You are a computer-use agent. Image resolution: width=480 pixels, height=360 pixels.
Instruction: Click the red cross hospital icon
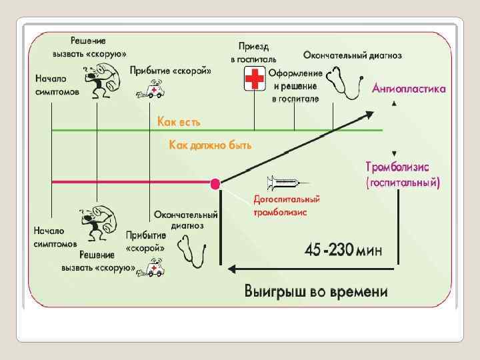coord(254,81)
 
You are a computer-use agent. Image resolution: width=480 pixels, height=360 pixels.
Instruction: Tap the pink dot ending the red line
coord(215,183)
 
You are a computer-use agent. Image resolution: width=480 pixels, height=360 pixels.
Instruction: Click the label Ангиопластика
coord(409,89)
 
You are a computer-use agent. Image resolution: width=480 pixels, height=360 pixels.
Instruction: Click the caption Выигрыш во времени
coord(315,291)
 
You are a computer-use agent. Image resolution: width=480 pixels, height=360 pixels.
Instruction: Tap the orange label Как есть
coord(178,121)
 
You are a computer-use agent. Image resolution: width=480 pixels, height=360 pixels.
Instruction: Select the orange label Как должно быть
coord(210,145)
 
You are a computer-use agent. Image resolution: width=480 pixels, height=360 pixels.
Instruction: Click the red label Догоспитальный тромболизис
coord(287,206)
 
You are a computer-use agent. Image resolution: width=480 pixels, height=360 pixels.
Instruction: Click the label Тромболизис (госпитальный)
coord(403,173)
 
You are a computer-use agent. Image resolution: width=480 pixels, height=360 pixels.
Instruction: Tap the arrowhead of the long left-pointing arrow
coord(231,269)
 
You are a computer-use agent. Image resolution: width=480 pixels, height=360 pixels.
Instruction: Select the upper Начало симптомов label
coord(56,85)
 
